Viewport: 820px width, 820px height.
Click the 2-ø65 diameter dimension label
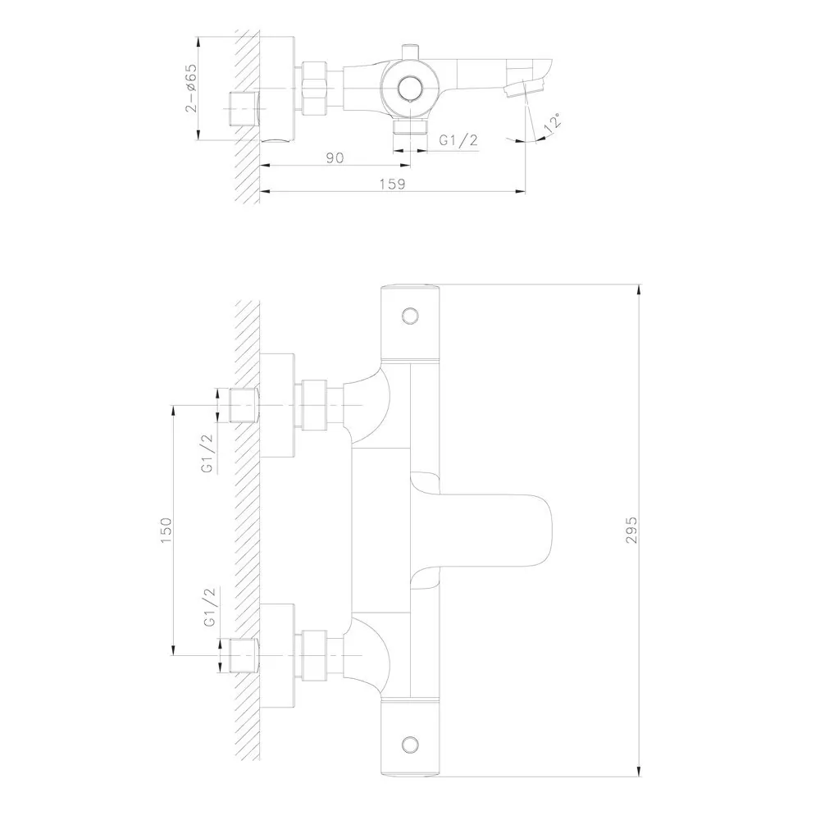[191, 88]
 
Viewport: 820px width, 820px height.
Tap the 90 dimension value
[335, 157]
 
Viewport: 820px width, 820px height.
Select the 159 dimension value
[392, 184]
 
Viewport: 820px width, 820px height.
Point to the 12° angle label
[552, 122]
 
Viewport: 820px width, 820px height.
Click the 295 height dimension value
[631, 530]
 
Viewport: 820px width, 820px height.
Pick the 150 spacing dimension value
[166, 530]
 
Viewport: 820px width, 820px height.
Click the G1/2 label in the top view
[458, 140]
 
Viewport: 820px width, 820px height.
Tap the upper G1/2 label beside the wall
[208, 453]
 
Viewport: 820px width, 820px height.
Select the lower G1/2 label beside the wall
[210, 607]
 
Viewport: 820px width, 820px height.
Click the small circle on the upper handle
[411, 316]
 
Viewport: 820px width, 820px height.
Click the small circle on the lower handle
[411, 745]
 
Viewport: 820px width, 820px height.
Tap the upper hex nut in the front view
[313, 405]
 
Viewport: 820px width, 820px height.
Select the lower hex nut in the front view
[313, 655]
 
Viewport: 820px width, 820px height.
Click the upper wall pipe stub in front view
[244, 405]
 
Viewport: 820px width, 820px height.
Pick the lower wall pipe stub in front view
[244, 655]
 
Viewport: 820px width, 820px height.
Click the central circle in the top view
[409, 89]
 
